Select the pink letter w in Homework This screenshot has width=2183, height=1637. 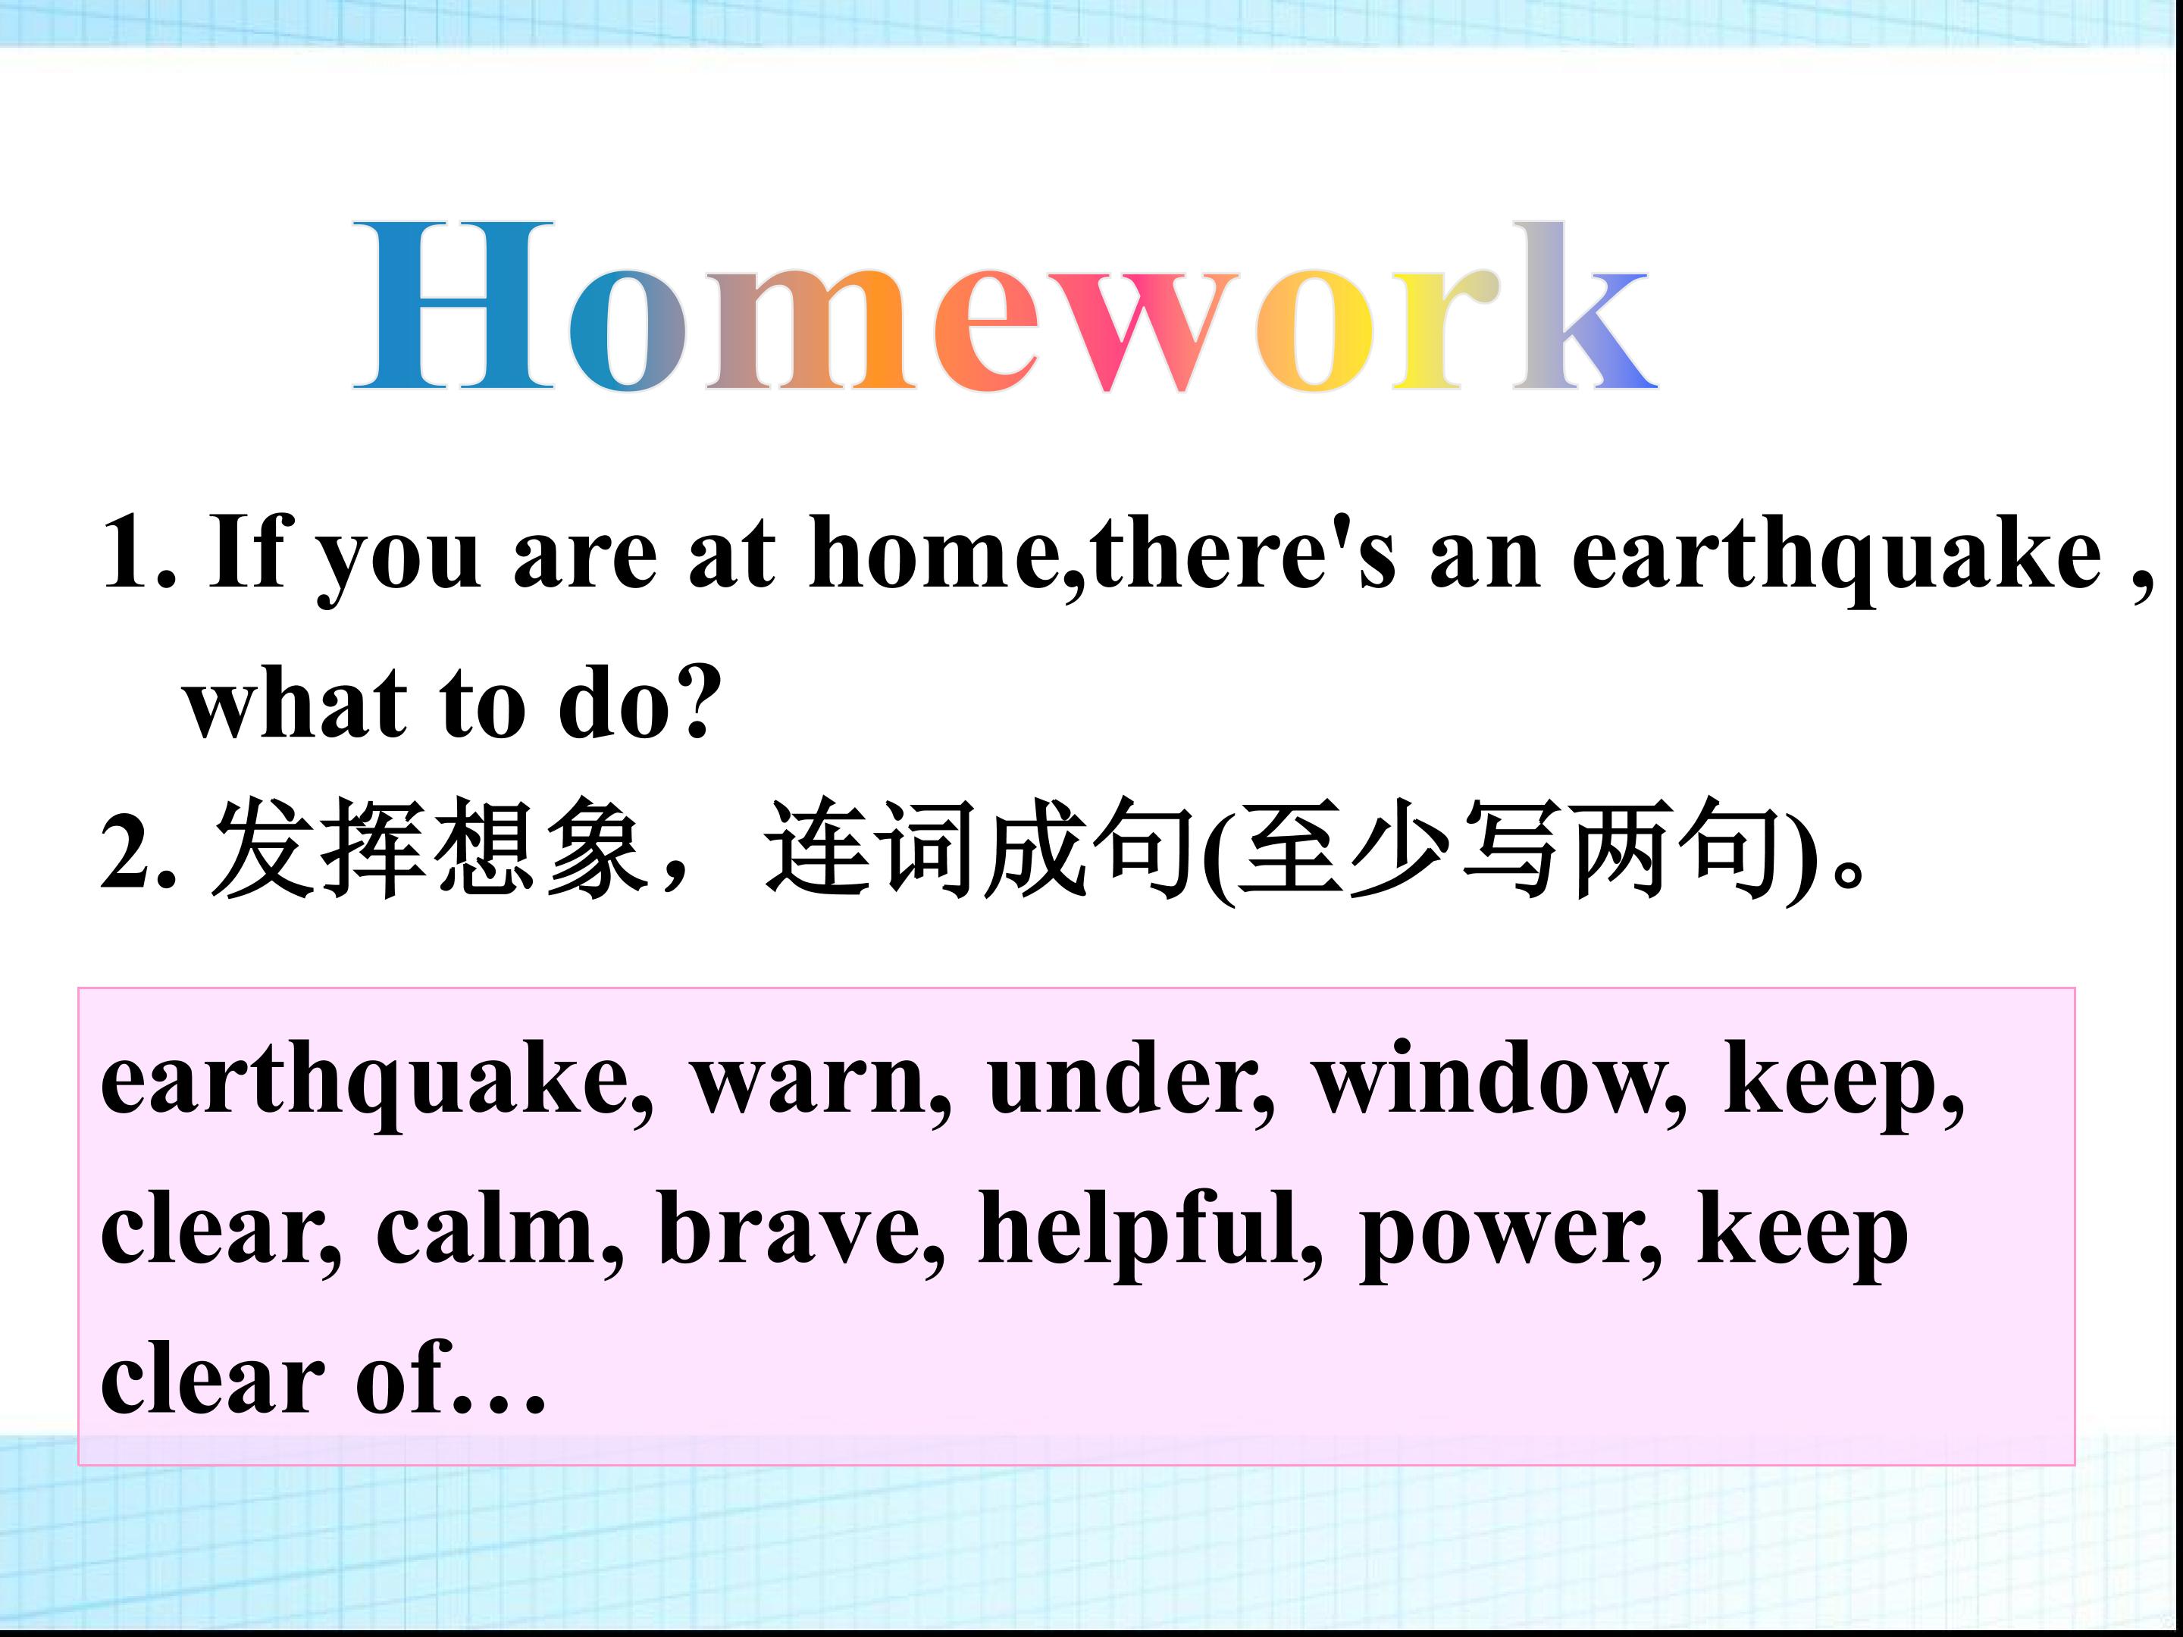tap(1147, 330)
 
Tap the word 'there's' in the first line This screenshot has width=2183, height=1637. tap(1244, 552)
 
